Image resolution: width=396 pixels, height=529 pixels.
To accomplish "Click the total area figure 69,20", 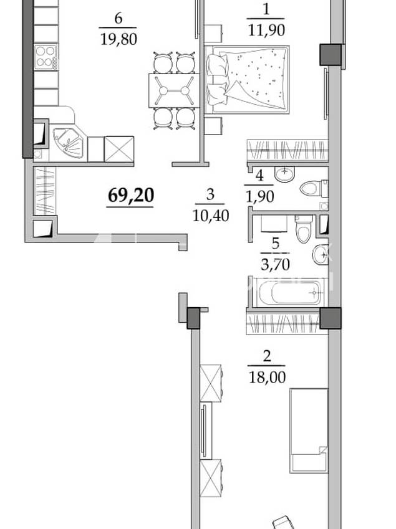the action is tap(131, 196).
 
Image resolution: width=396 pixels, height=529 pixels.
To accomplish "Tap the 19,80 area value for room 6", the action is tap(118, 39).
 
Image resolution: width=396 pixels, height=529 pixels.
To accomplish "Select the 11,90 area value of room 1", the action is tap(266, 31).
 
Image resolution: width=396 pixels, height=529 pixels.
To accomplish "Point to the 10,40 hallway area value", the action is tap(211, 215).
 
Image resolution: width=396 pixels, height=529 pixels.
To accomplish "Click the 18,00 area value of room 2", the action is tap(267, 377).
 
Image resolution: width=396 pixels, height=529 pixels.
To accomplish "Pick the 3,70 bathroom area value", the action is tap(275, 264).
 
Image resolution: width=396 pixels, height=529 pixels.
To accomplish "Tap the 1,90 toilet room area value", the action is tap(259, 196).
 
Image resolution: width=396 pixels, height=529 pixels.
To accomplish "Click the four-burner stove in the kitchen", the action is tap(46, 57).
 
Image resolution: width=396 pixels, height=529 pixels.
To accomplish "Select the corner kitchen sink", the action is tap(68, 143).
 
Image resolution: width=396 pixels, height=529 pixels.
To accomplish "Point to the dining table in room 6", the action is tap(174, 90).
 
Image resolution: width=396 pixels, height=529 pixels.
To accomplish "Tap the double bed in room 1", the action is tap(247, 80).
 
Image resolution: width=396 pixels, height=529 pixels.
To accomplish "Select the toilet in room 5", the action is tap(304, 229).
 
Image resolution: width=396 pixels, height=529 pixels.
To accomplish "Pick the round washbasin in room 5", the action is tap(320, 255).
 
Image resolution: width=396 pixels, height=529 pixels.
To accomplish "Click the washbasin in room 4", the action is tap(284, 174).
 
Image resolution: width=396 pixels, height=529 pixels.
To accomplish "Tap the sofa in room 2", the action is tap(309, 431).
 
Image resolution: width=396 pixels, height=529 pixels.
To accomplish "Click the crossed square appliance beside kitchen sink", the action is tap(119, 149).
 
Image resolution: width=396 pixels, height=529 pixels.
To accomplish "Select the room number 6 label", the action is tap(118, 18).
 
